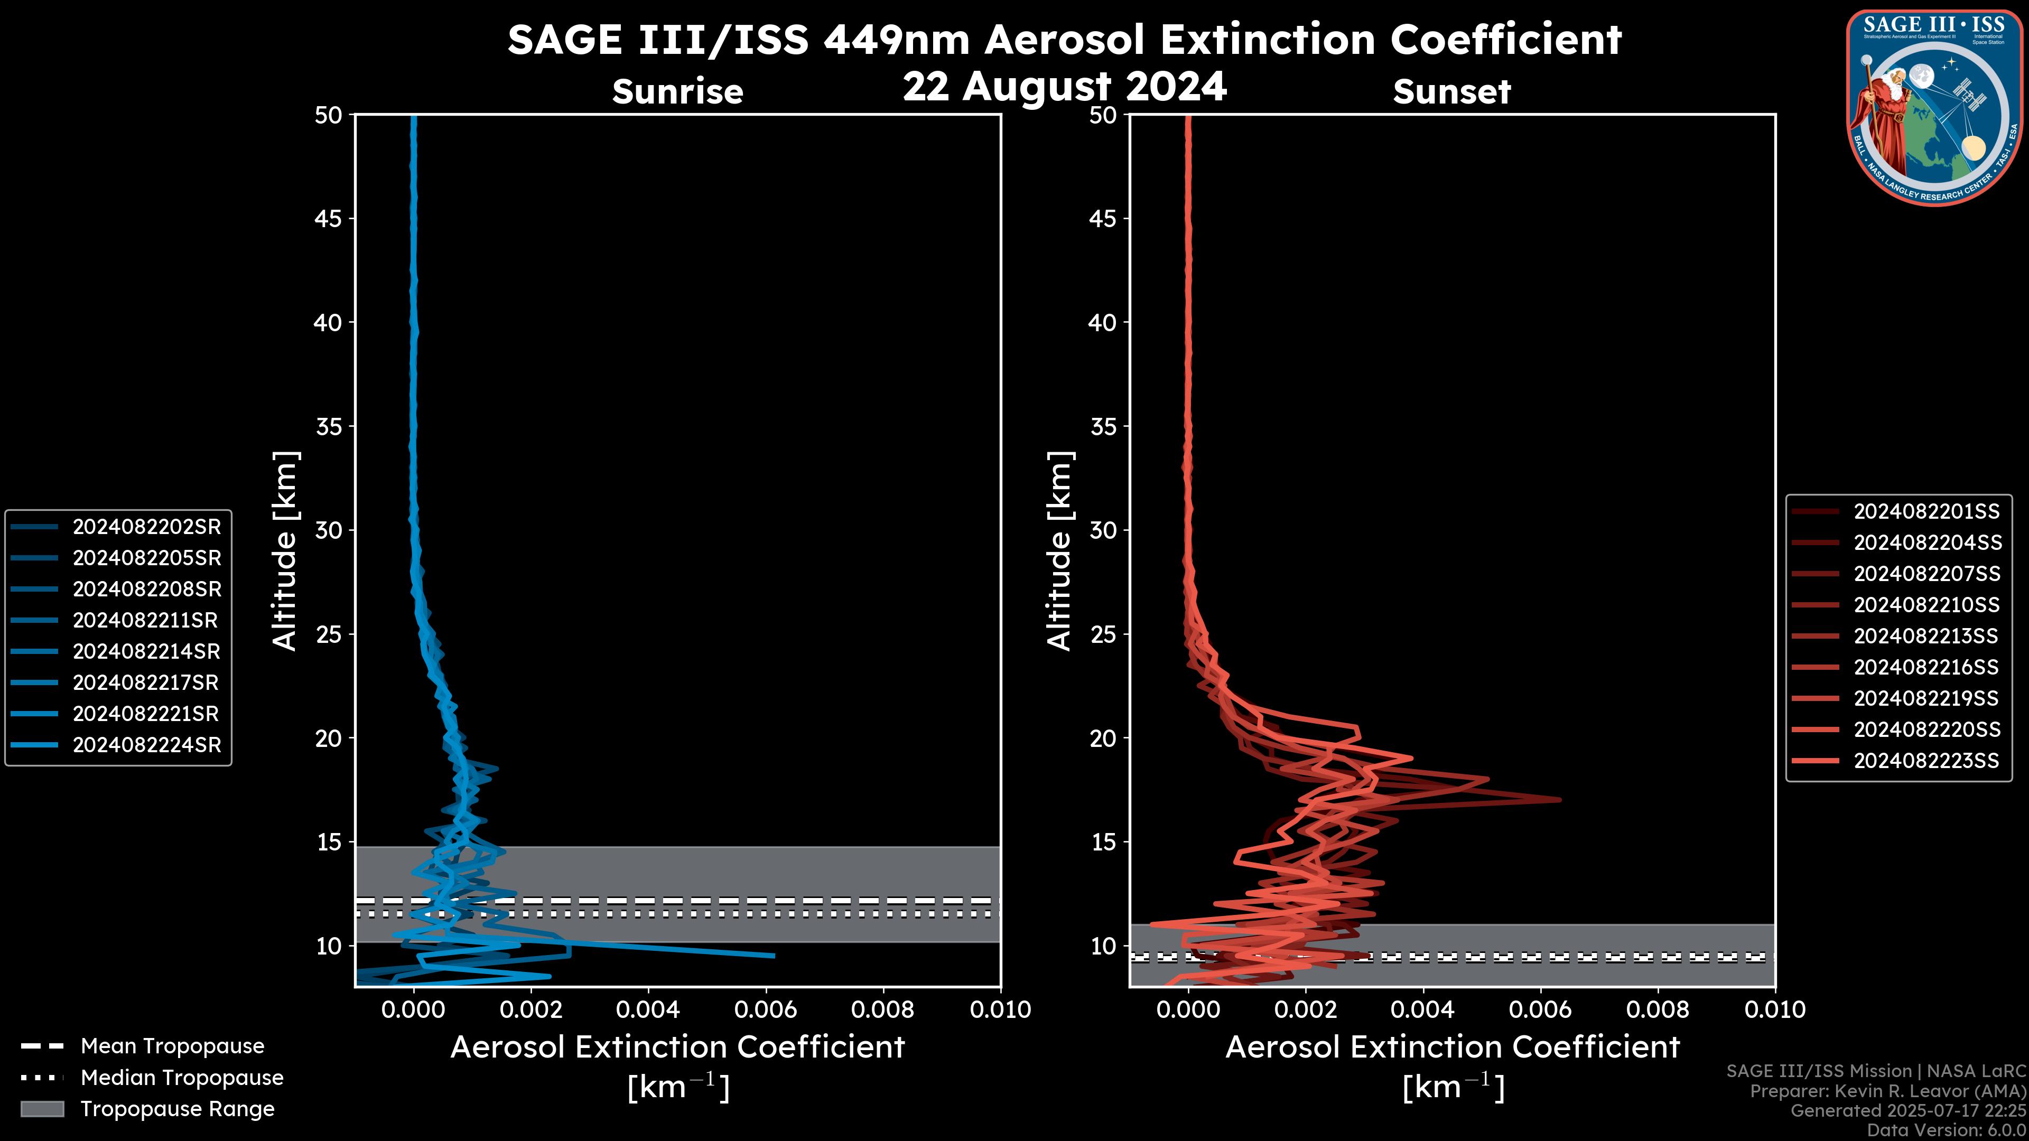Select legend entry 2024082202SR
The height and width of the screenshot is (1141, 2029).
[146, 527]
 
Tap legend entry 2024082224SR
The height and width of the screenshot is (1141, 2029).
[146, 745]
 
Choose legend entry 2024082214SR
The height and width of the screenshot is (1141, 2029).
[146, 651]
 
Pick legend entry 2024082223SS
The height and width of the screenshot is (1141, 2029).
[1926, 761]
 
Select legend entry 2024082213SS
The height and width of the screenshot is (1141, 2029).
[1926, 636]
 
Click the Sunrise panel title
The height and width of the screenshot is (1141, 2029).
[677, 92]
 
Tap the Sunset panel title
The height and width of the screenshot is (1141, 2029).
[1451, 92]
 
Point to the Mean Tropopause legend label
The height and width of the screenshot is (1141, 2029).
[172, 1046]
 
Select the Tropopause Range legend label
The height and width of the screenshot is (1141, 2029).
[177, 1109]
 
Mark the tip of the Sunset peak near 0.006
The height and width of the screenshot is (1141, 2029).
[1560, 800]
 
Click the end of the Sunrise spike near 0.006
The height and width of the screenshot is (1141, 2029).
[774, 956]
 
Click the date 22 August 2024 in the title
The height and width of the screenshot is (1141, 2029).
[1064, 87]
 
